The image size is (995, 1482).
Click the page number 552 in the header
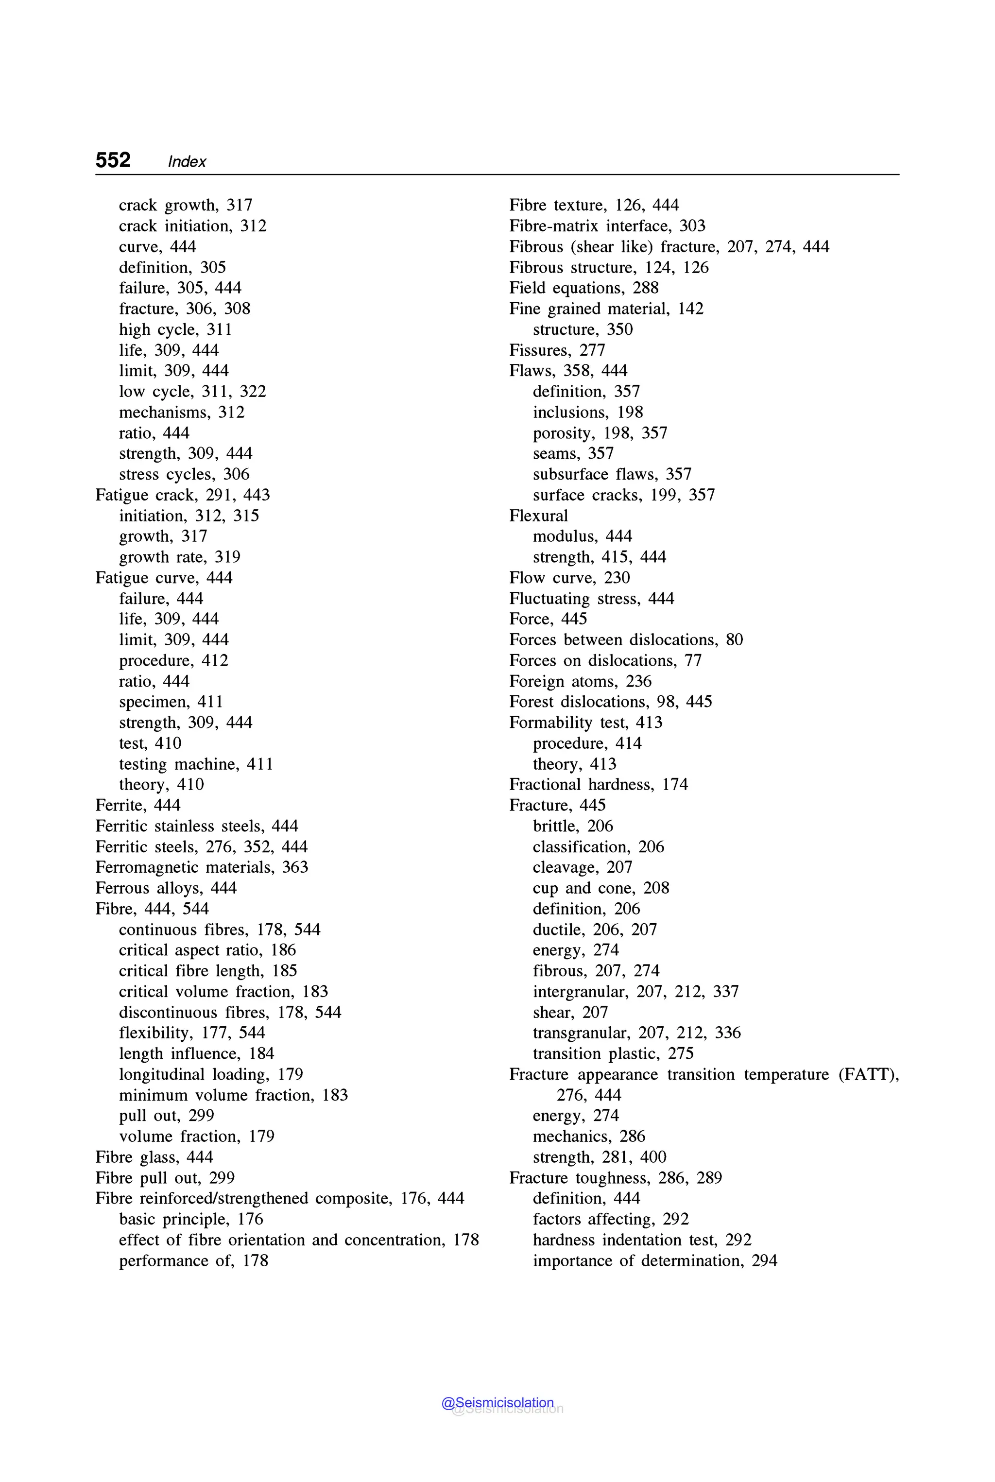point(113,160)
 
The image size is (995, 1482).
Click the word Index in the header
point(187,162)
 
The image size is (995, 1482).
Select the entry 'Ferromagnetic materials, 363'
point(202,868)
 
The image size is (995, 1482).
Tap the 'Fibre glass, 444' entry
point(154,1157)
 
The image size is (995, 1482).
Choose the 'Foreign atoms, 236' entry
point(580,681)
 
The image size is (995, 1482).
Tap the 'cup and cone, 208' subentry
point(600,888)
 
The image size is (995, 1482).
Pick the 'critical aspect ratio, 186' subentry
point(207,950)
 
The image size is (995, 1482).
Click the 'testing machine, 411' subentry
point(196,764)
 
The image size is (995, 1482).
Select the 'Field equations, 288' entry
point(584,288)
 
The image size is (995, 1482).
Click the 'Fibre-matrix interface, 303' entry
point(607,226)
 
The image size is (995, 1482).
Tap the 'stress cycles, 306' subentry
point(184,474)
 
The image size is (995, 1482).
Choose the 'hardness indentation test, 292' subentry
point(641,1240)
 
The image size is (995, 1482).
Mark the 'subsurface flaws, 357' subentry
point(612,474)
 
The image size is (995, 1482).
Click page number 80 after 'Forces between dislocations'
point(734,640)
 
